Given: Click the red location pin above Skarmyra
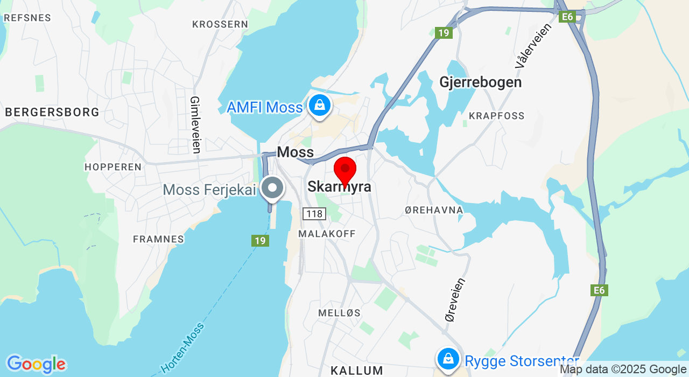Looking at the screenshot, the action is click(x=345, y=170).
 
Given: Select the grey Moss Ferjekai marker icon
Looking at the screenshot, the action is click(x=272, y=188).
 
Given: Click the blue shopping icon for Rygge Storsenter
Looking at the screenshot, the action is click(x=447, y=358).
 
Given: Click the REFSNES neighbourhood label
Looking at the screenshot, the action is click(x=27, y=18).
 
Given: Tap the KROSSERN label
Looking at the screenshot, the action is click(x=220, y=24).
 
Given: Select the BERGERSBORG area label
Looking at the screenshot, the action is click(x=52, y=112).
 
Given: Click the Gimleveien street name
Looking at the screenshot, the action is click(x=195, y=124).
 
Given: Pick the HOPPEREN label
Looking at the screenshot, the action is click(x=113, y=167).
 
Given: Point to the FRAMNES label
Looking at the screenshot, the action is click(x=158, y=239).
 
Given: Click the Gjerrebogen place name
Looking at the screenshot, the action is click(x=481, y=82).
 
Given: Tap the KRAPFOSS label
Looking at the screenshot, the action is click(x=496, y=116).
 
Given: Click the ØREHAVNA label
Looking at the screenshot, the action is click(x=434, y=210).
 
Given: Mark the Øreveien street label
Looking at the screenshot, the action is click(x=455, y=300).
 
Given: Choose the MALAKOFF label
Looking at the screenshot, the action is click(x=327, y=234).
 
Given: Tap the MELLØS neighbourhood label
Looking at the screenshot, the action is click(x=339, y=313).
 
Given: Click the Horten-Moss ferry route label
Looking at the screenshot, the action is click(x=182, y=348).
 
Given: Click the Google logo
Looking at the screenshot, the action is click(x=36, y=365).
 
